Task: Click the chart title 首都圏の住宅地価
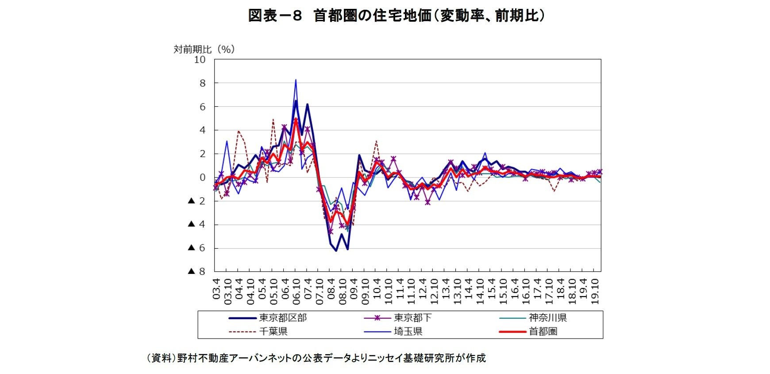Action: click(396, 16)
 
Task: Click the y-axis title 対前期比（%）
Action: click(204, 49)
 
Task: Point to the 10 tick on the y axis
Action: click(200, 60)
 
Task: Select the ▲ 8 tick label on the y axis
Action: click(197, 271)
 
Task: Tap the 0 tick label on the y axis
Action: click(203, 177)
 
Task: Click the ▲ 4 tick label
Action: click(197, 224)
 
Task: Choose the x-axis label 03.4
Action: click(216, 289)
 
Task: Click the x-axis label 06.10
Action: click(296, 291)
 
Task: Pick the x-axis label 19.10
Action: click(595, 291)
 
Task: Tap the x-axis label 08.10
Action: click(343, 291)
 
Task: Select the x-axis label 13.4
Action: click(446, 289)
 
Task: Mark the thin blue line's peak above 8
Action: click(296, 81)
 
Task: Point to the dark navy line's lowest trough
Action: click(336, 251)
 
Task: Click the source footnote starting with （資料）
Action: click(316, 358)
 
